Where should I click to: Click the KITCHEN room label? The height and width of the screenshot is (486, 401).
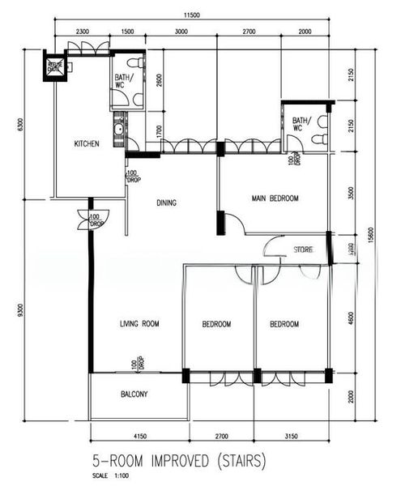87,144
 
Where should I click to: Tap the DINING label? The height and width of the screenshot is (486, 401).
167,203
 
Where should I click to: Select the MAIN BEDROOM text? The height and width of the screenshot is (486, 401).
275,198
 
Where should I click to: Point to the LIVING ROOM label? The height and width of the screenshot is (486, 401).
139,324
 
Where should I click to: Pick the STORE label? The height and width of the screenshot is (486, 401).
303,249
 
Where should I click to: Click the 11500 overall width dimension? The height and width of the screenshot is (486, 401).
192,15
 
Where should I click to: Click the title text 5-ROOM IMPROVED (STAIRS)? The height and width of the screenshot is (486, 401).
178,461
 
